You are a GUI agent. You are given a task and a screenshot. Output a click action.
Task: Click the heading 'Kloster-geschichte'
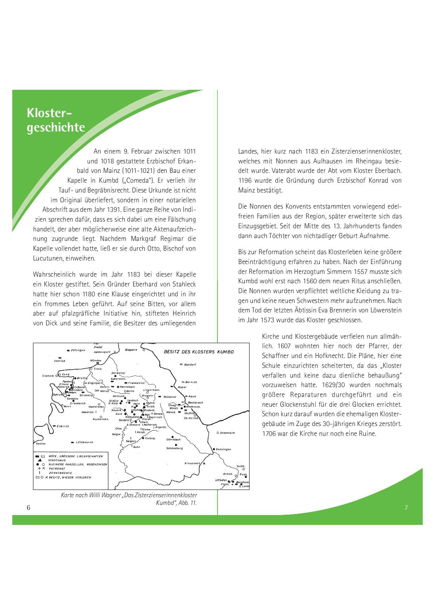click(56, 120)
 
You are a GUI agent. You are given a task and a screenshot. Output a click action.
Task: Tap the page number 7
click(406, 507)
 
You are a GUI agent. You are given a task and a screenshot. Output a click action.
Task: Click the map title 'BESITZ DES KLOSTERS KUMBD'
click(199, 352)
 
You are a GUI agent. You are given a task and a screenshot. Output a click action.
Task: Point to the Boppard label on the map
click(131, 350)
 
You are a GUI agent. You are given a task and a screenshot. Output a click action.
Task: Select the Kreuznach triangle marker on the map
click(204, 463)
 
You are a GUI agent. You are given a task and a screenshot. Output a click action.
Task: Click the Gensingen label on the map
click(223, 449)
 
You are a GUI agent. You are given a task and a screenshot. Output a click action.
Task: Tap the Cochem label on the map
click(48, 376)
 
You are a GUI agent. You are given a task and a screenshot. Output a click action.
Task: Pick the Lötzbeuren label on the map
click(85, 442)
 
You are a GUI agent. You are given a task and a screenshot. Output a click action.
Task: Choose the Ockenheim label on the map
click(227, 433)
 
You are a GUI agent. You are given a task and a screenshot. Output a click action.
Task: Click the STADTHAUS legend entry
click(57, 460)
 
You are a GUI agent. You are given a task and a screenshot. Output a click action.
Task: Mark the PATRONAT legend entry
click(57, 468)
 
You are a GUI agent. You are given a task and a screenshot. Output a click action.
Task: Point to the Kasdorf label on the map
click(190, 365)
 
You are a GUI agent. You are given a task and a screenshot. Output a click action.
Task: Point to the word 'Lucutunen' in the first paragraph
click(46, 258)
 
